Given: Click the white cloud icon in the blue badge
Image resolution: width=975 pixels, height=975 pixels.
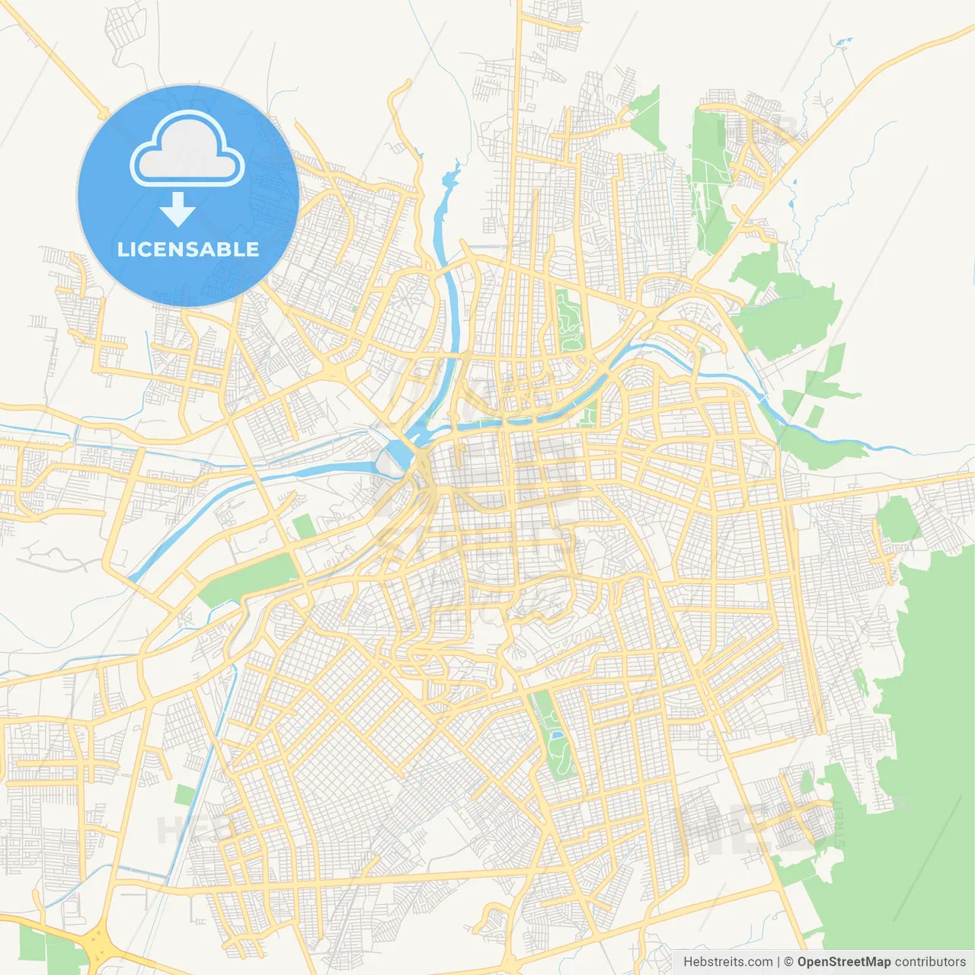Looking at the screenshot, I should tap(187, 150).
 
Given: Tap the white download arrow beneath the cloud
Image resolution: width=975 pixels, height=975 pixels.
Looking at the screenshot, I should tap(177, 209).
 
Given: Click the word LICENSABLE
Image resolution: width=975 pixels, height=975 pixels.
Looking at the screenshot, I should tap(188, 249).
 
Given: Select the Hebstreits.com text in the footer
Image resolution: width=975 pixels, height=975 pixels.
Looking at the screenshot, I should tap(727, 961).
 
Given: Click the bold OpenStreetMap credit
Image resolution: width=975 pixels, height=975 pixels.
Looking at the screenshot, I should tap(843, 961).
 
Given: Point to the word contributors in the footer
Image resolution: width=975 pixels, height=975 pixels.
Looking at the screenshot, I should tap(930, 961).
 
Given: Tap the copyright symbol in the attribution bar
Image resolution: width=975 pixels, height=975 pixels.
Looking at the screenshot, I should tap(788, 961).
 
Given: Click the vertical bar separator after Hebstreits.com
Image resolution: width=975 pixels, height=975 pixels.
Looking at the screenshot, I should tap(778, 961).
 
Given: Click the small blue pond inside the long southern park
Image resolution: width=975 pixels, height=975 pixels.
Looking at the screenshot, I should tap(557, 735).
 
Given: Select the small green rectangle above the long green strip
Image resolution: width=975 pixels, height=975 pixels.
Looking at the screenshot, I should tap(304, 526).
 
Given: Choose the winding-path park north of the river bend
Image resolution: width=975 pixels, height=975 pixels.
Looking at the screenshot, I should tap(569, 321).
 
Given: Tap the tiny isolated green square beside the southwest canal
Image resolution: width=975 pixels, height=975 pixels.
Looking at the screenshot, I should tap(185, 794).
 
